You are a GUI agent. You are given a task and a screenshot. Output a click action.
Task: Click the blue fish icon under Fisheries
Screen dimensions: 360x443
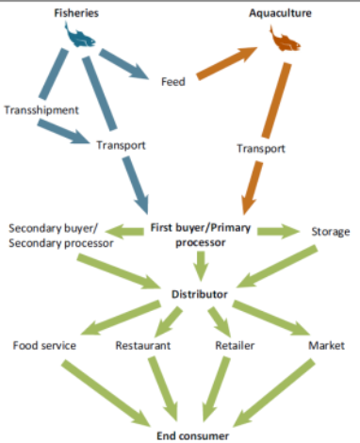(79, 35)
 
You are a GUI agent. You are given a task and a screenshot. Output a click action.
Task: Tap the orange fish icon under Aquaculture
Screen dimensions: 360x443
(285, 40)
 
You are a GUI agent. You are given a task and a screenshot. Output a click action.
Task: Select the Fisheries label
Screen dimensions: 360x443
(76, 13)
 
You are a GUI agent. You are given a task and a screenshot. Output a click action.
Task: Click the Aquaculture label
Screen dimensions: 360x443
(280, 13)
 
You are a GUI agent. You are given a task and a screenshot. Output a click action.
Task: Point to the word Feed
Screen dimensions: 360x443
(173, 82)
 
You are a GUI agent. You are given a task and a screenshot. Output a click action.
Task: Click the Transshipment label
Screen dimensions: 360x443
(41, 110)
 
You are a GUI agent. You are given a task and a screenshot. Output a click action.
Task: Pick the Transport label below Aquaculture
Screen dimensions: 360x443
(261, 148)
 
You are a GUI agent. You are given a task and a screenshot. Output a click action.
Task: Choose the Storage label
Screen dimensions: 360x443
(331, 232)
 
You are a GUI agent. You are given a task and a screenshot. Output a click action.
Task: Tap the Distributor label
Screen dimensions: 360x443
(200, 294)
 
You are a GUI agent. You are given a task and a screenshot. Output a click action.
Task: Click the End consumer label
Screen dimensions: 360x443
(193, 435)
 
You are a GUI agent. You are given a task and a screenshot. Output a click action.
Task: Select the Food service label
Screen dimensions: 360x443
(44, 345)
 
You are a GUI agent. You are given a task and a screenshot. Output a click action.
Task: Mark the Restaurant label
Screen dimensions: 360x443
(143, 345)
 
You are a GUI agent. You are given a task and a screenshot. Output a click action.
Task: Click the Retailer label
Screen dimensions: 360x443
(235, 345)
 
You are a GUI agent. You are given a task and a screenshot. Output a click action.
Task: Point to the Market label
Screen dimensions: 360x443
(326, 345)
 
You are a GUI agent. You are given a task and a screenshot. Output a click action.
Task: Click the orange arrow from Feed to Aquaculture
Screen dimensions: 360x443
(227, 63)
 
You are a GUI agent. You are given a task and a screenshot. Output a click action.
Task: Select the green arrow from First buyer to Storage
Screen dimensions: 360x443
(278, 232)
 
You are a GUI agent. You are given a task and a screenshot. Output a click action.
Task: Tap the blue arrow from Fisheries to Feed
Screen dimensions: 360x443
(123, 64)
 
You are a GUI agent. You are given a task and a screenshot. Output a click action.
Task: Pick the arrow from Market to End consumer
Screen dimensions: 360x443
(274, 393)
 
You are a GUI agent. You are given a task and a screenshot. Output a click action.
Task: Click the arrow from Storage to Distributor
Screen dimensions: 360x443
(277, 267)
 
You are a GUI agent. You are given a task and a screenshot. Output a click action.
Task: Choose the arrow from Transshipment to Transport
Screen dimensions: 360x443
(63, 132)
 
